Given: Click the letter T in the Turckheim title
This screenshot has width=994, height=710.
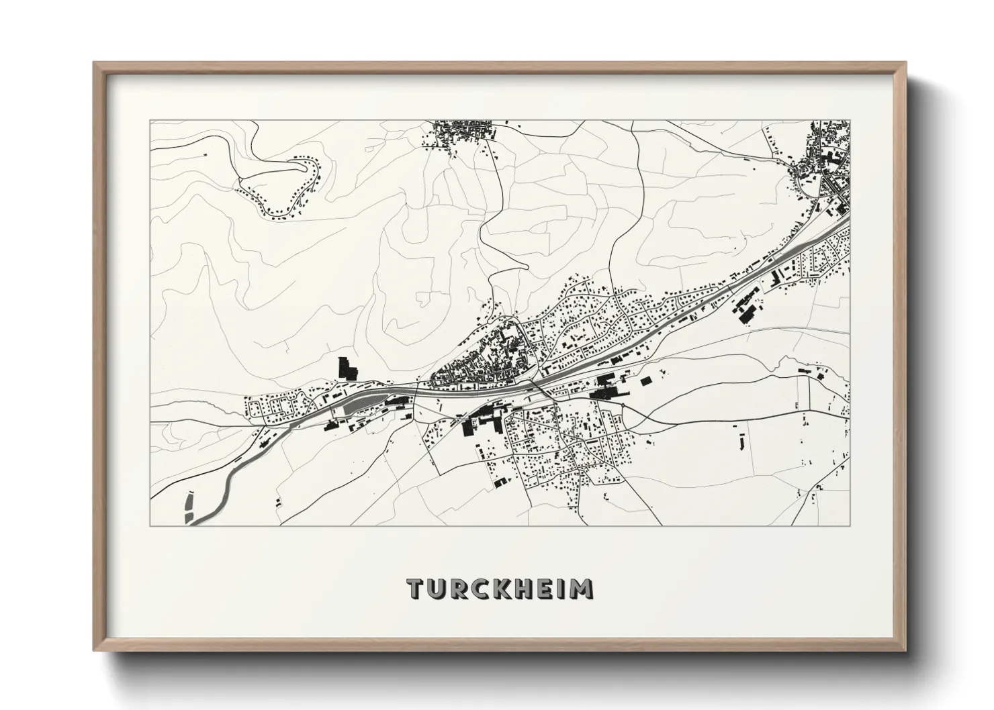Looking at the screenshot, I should [x=416, y=589].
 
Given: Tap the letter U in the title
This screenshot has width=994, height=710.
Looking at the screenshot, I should [x=439, y=589].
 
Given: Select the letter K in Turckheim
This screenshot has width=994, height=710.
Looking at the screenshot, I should [x=504, y=589].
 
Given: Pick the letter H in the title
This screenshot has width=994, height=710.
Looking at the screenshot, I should [x=527, y=589].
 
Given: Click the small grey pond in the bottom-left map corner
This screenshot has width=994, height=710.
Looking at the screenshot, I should [x=187, y=507].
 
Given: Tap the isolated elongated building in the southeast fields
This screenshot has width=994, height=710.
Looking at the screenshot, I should [x=742, y=442].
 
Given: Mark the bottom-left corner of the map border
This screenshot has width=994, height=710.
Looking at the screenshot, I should [x=150, y=525].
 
